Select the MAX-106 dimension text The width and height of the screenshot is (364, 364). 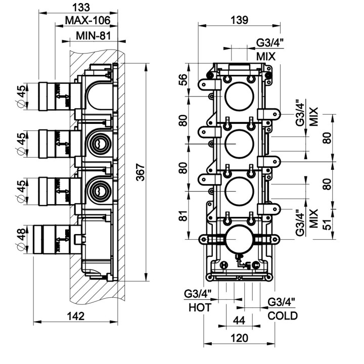[x=88, y=21]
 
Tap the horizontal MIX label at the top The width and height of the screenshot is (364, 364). [x=265, y=56]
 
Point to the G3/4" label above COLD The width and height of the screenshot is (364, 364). [x=282, y=302]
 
